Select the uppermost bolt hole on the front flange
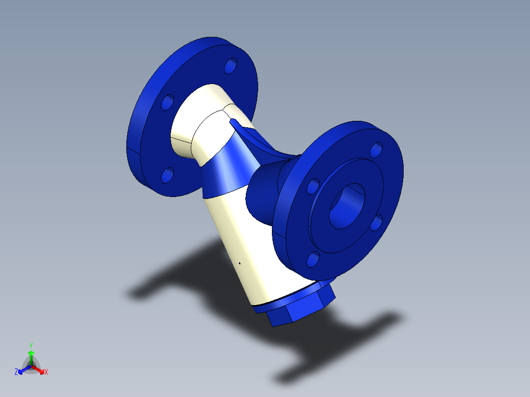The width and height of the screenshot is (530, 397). tap(376, 149)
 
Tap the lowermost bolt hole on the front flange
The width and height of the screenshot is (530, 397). tap(313, 259)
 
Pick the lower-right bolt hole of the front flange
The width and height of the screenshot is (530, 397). tap(376, 223)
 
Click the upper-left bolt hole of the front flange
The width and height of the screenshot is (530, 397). tap(313, 187)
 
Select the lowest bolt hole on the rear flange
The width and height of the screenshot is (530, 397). tap(168, 174)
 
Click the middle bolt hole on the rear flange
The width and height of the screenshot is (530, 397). tap(168, 102)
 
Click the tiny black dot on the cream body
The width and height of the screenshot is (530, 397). tap(239, 263)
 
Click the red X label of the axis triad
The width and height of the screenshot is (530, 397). tap(46, 372)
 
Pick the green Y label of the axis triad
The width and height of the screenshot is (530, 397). tap(30, 345)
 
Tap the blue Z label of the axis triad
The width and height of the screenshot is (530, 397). tap(16, 372)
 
